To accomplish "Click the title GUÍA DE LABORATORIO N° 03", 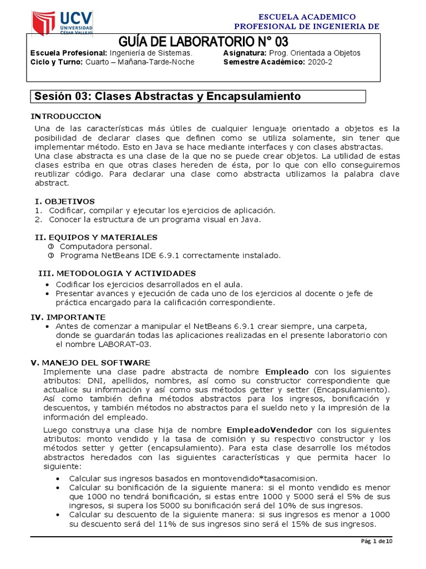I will click(x=203, y=42).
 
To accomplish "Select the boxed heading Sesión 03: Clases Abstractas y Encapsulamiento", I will click(x=168, y=96).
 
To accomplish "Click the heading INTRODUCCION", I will click(x=66, y=116).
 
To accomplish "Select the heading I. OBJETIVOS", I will click(x=64, y=201).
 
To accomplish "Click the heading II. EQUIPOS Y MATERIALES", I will click(x=96, y=237).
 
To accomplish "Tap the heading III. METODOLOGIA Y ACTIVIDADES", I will click(x=116, y=273).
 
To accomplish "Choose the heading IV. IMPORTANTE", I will click(x=67, y=317).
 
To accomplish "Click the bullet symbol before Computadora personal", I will click(x=50, y=246).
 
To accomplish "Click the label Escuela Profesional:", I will click(x=68, y=53).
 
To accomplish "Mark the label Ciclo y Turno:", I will click(x=56, y=62).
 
